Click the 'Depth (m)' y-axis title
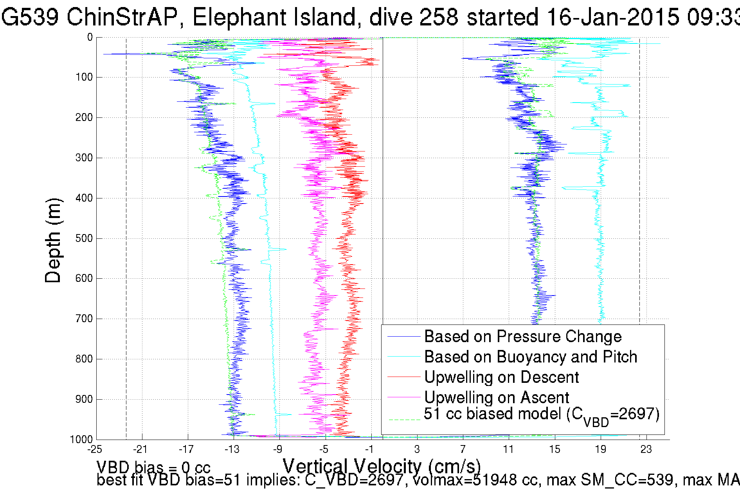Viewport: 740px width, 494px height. point(53,240)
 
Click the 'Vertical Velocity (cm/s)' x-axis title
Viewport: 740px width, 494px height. point(382,466)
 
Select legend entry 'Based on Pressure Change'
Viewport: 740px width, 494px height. point(522,337)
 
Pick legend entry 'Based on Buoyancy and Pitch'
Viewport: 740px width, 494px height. point(530,357)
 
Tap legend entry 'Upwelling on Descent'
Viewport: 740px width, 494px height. point(501,377)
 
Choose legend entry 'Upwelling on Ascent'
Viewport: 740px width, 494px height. point(496,398)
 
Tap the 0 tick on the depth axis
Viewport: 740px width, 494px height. point(90,37)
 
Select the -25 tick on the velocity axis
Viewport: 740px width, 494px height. point(95,449)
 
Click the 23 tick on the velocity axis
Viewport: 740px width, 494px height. point(646,449)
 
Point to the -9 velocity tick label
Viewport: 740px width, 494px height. point(278,449)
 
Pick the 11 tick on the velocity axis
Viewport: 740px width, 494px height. point(508,449)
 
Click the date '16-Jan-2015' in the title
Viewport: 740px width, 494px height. point(612,17)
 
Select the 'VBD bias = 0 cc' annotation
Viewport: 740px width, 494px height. point(153,467)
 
